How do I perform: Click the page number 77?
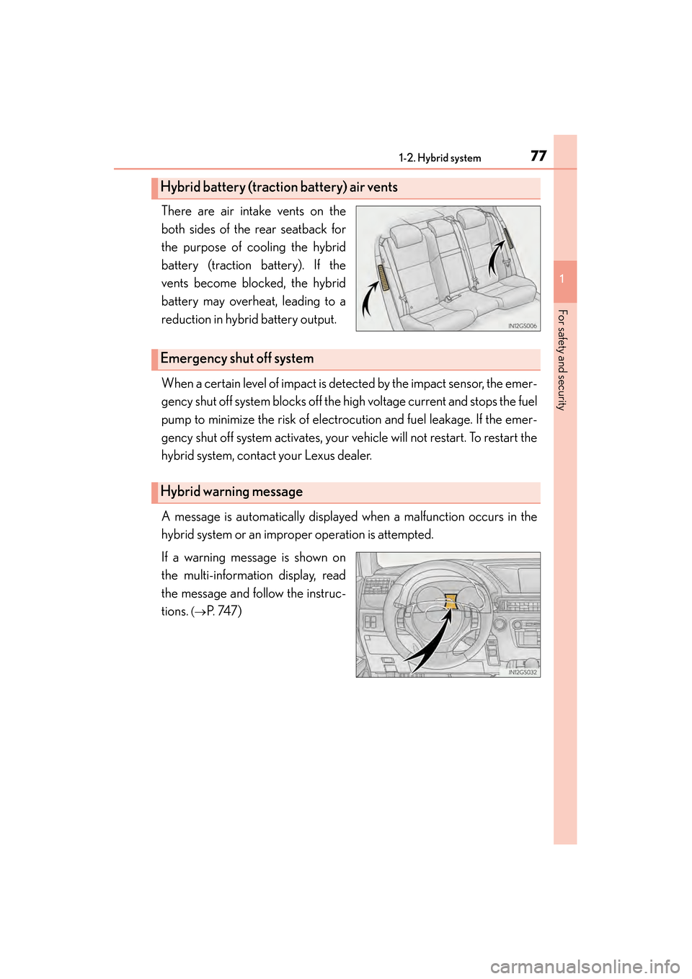click(x=538, y=156)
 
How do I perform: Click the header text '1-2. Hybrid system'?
click(x=440, y=158)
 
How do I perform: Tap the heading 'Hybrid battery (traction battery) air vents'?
click(x=279, y=187)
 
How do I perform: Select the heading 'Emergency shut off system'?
click(x=237, y=359)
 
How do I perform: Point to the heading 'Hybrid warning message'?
click(x=231, y=492)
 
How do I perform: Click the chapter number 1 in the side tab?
click(x=562, y=278)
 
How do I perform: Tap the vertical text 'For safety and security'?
click(x=563, y=360)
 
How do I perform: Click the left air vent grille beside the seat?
click(x=383, y=278)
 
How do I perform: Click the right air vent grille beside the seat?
click(x=508, y=238)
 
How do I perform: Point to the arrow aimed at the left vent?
click(x=369, y=298)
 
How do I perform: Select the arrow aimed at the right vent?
click(x=494, y=258)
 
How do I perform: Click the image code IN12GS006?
click(x=523, y=326)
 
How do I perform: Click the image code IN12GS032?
click(x=523, y=673)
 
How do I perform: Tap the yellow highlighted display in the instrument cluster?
click(x=451, y=601)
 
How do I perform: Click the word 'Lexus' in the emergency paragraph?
click(x=319, y=456)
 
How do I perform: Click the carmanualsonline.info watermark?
click(x=585, y=966)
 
